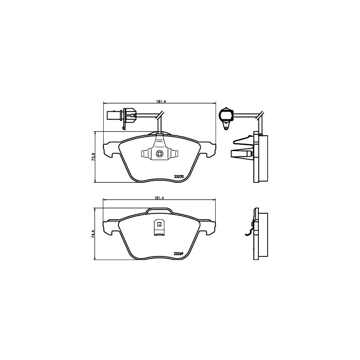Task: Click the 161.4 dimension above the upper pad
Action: click(x=159, y=102)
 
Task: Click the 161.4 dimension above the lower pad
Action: click(x=159, y=197)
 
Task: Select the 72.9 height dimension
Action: click(x=93, y=156)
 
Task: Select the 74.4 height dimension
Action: click(x=93, y=234)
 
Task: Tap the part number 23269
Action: click(x=179, y=253)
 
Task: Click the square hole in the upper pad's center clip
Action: click(x=159, y=153)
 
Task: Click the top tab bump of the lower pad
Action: click(x=159, y=210)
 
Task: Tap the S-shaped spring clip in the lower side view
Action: click(x=250, y=230)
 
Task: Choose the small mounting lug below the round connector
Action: click(x=226, y=126)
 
